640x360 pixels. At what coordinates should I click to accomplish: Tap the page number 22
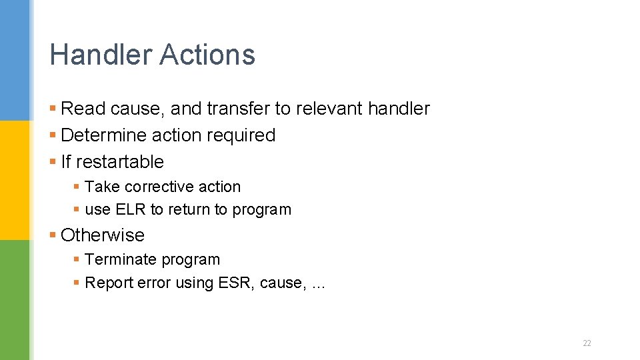click(587, 343)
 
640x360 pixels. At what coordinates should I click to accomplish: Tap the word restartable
click(121, 162)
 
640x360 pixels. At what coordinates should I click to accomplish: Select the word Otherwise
click(102, 235)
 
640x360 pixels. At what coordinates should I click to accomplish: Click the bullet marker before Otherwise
click(53, 235)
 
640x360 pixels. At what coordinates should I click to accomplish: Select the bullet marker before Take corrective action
click(77, 187)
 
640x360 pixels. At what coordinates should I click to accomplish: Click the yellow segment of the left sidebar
click(15, 180)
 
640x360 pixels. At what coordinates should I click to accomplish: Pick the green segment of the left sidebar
click(15, 300)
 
